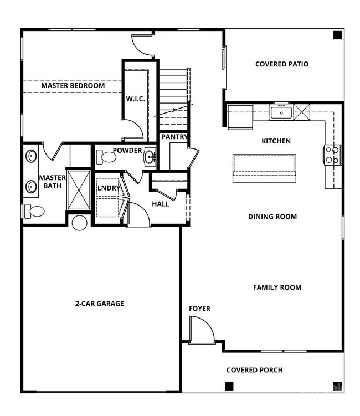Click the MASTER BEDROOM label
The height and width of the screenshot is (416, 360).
73,86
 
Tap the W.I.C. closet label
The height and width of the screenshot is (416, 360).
135,99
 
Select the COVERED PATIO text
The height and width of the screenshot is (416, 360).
282,64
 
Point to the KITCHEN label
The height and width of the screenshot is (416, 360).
276,141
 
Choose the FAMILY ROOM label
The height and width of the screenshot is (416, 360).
277,287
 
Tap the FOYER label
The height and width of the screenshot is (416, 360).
199,309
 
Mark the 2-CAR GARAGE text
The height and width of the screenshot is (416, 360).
100,303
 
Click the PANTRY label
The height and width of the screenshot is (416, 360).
174,137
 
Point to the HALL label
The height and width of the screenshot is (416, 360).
161,204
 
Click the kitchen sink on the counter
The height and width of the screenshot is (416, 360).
281,113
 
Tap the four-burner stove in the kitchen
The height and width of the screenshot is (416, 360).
332,155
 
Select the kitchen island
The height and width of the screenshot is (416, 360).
264,168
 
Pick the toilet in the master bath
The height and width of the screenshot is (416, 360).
35,211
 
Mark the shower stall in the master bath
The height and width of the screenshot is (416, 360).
78,189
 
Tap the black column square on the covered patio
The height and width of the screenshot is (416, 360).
337,35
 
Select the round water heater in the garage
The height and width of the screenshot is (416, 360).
80,223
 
